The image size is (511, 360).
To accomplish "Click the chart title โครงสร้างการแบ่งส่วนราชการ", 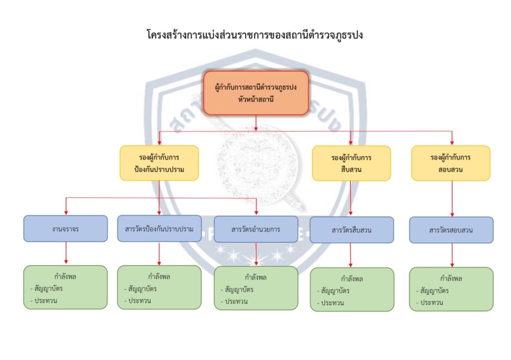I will (255, 35).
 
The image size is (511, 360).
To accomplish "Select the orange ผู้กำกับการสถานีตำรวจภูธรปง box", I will (255, 93).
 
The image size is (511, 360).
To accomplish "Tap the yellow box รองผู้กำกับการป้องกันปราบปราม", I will (159, 163).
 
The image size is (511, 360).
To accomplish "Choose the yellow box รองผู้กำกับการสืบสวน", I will (351, 163).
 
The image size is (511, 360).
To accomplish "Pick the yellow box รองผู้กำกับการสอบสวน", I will (451, 163).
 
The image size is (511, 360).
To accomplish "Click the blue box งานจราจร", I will (65, 229).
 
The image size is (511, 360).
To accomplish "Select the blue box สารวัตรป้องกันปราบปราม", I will (159, 229).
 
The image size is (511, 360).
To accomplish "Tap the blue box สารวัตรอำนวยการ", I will (255, 229).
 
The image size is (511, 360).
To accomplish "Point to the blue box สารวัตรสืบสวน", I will (351, 230).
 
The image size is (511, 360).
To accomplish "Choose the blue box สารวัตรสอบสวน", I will (451, 230).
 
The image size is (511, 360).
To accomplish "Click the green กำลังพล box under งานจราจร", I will (65, 287).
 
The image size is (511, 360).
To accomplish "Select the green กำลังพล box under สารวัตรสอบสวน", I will (451, 289).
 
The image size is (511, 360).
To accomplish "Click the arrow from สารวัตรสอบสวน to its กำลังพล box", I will (452, 255).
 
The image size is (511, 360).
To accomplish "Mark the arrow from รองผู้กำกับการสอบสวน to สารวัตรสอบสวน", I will (452, 198).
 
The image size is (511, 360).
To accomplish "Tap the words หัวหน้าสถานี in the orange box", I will (255, 99).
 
